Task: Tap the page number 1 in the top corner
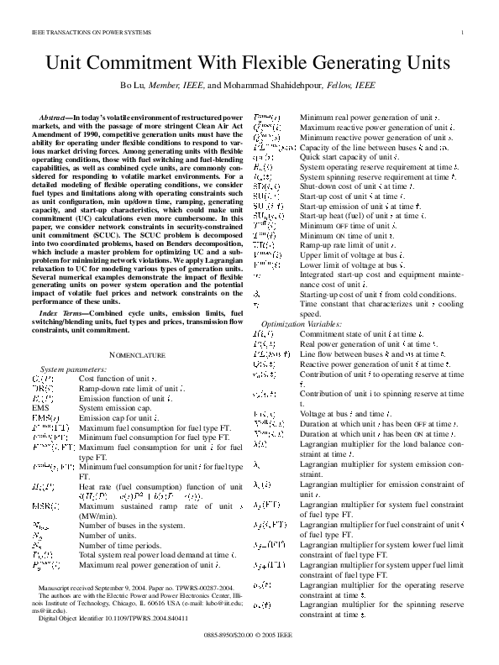pos(463,33)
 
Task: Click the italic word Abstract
pos(55,113)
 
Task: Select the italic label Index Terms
pos(61,312)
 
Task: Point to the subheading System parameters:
pos(74,369)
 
